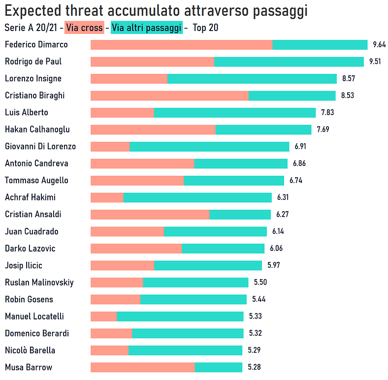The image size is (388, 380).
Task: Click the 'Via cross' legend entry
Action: click(84, 28)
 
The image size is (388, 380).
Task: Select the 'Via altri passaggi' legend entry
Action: click(147, 28)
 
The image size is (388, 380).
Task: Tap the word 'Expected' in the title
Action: click(33, 11)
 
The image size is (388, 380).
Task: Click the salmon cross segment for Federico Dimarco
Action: click(182, 45)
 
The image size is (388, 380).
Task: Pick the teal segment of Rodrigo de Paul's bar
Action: click(289, 62)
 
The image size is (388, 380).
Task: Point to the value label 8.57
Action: click(349, 78)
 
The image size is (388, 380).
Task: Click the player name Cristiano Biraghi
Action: click(34, 95)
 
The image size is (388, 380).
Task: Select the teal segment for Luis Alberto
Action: click(235, 113)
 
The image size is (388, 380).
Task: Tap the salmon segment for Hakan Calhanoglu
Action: click(153, 129)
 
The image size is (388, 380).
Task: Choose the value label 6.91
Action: click(300, 147)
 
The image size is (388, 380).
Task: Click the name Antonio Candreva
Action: click(36, 163)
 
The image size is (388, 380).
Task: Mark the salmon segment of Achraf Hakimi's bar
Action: click(107, 197)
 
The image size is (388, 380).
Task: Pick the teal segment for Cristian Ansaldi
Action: click(240, 215)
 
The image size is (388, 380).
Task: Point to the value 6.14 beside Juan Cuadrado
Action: click(278, 231)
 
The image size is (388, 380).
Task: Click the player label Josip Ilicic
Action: click(24, 265)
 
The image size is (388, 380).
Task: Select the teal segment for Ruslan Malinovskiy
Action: click(195, 283)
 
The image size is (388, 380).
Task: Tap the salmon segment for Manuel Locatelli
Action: click(103, 317)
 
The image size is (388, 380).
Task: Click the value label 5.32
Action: click(256, 333)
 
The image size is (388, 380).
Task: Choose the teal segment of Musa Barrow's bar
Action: click(219, 367)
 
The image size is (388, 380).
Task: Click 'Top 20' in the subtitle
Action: click(205, 28)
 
